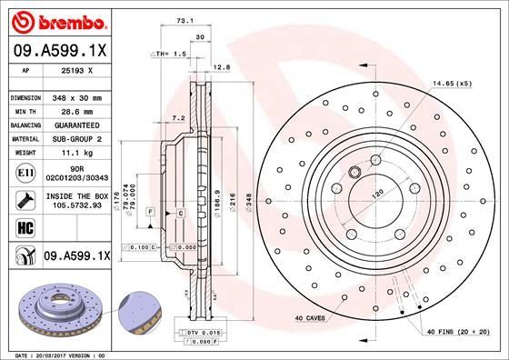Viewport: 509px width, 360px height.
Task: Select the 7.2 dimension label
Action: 178,117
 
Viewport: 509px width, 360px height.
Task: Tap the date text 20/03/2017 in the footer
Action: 57,354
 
